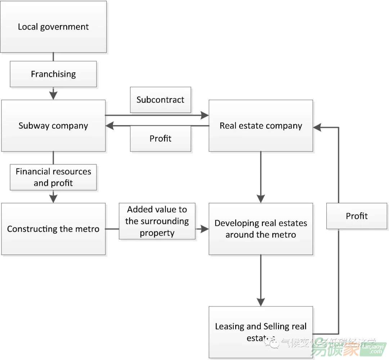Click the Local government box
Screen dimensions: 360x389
[x=53, y=27]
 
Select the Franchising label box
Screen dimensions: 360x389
[x=53, y=74]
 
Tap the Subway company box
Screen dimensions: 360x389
[x=53, y=126]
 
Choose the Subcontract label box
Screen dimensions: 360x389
[x=160, y=100]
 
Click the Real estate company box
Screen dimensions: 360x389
[x=261, y=126]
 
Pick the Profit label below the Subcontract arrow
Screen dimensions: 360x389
[x=160, y=139]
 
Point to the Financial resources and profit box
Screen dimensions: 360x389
[x=53, y=177]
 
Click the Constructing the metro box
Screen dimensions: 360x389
[x=53, y=229]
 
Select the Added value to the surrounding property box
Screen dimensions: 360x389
[x=157, y=221]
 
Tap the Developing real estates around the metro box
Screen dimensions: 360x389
[x=261, y=229]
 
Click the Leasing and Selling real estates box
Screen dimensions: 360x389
[x=261, y=332]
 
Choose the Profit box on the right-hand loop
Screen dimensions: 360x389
[x=357, y=216]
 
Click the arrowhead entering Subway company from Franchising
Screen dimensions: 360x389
[x=53, y=95]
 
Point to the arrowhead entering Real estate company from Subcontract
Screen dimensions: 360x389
[x=205, y=115]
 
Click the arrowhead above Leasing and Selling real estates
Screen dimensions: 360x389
[x=261, y=302]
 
